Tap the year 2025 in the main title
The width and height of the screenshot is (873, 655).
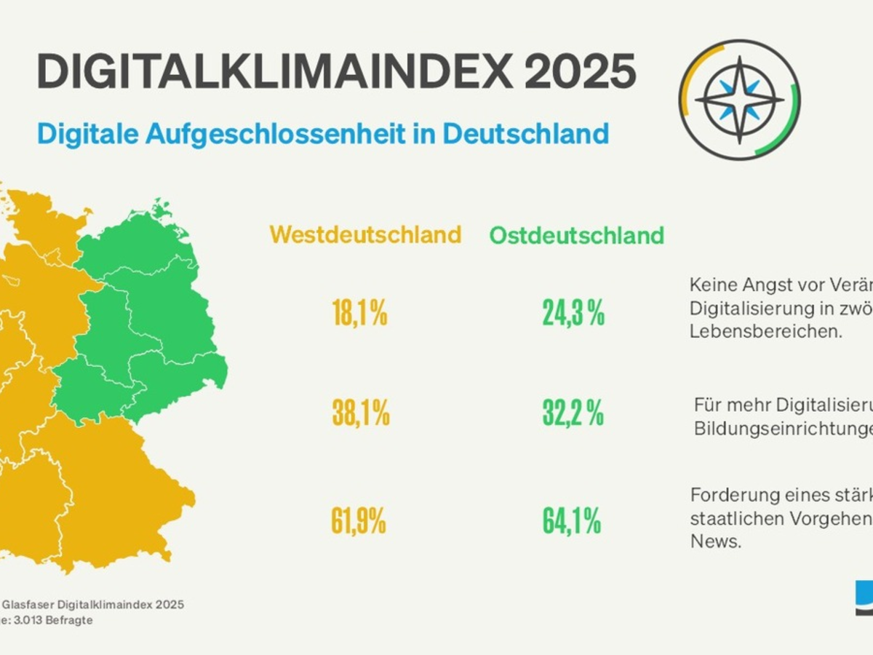(580, 71)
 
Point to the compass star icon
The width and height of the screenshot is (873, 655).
(739, 100)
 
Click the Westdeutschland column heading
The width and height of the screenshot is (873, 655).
(365, 235)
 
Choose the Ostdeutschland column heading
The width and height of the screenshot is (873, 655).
(576, 236)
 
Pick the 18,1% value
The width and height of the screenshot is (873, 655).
(359, 314)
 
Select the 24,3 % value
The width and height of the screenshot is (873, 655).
(573, 314)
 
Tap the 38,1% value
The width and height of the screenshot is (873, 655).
(361, 414)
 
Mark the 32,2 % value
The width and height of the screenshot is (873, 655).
(573, 414)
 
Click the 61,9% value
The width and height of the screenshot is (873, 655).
(359, 521)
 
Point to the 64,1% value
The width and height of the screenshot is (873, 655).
(572, 521)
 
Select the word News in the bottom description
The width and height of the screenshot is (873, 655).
(715, 543)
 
